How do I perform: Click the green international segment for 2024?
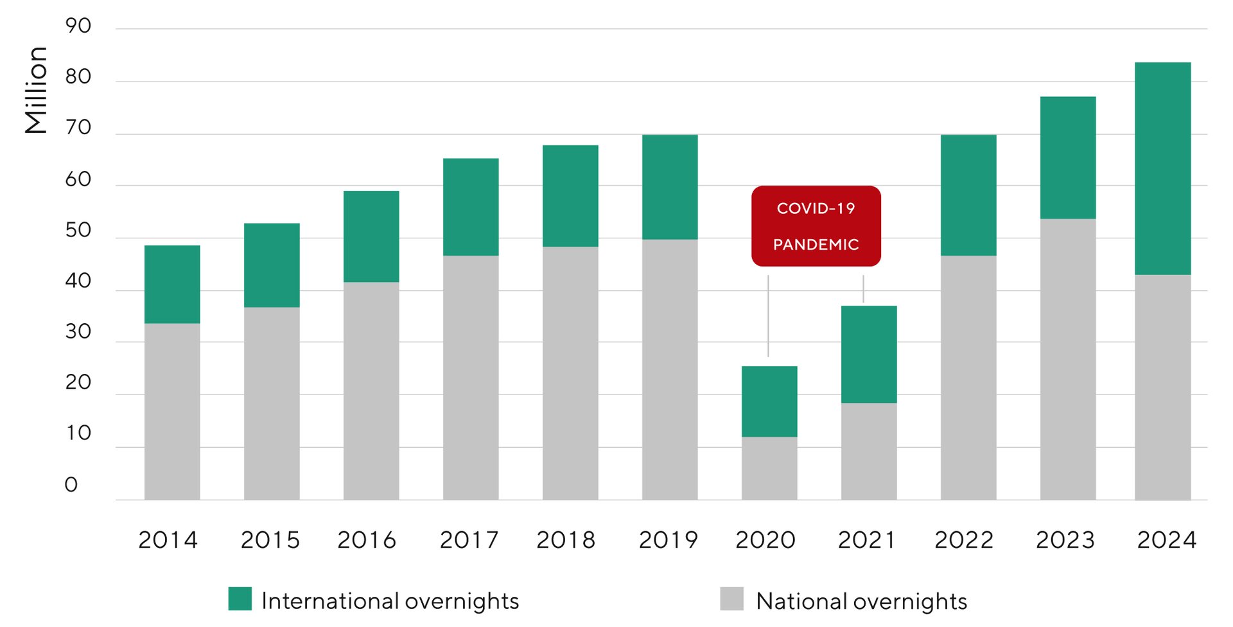click(x=1162, y=168)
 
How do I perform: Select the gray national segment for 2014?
click(x=172, y=411)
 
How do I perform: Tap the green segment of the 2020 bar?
click(x=769, y=402)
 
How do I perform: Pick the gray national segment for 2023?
click(x=1068, y=359)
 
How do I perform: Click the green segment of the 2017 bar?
click(x=471, y=207)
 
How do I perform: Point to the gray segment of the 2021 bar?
click(x=869, y=451)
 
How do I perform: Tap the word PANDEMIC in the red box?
click(x=816, y=245)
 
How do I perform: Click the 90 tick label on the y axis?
click(x=78, y=26)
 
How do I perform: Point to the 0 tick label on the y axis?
click(x=71, y=485)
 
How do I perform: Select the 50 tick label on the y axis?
click(x=78, y=231)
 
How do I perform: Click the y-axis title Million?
click(x=37, y=90)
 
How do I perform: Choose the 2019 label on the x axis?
click(x=668, y=540)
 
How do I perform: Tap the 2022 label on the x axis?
click(x=964, y=540)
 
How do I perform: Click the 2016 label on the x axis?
click(x=367, y=540)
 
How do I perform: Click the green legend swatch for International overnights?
click(x=240, y=599)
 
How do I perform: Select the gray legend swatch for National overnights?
click(x=731, y=599)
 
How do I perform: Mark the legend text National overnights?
click(x=861, y=601)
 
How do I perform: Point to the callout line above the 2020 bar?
click(x=768, y=315)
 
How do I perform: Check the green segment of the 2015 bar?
click(x=272, y=265)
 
